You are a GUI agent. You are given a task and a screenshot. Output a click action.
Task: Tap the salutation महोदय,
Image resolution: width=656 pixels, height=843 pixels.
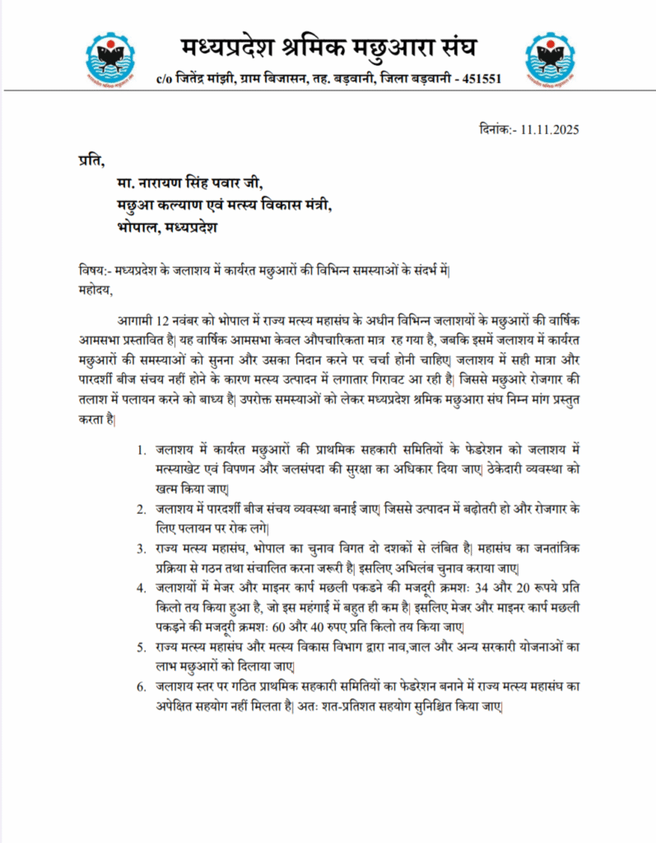pyautogui.click(x=91, y=289)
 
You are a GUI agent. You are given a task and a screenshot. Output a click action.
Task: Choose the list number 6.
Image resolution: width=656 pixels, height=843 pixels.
pyautogui.click(x=142, y=687)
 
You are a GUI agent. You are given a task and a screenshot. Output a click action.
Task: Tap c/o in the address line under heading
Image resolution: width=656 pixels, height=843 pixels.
pyautogui.click(x=165, y=80)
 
